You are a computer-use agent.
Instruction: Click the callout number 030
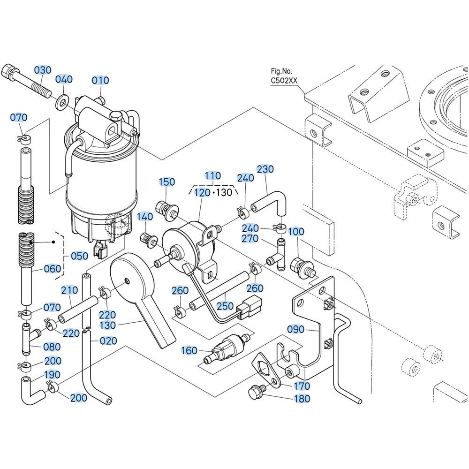42,69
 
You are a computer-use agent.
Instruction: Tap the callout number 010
100,80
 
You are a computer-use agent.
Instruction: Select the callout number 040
64,79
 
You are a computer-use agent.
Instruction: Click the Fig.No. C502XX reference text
284,76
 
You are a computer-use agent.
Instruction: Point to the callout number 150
166,182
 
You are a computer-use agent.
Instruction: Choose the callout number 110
213,176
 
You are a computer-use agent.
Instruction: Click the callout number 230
265,169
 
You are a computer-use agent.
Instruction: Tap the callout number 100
296,232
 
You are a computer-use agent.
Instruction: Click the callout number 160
189,350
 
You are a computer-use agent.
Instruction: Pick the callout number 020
109,341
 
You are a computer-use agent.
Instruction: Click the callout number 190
52,374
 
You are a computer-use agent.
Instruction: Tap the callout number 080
52,347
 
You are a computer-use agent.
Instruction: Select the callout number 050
79,256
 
